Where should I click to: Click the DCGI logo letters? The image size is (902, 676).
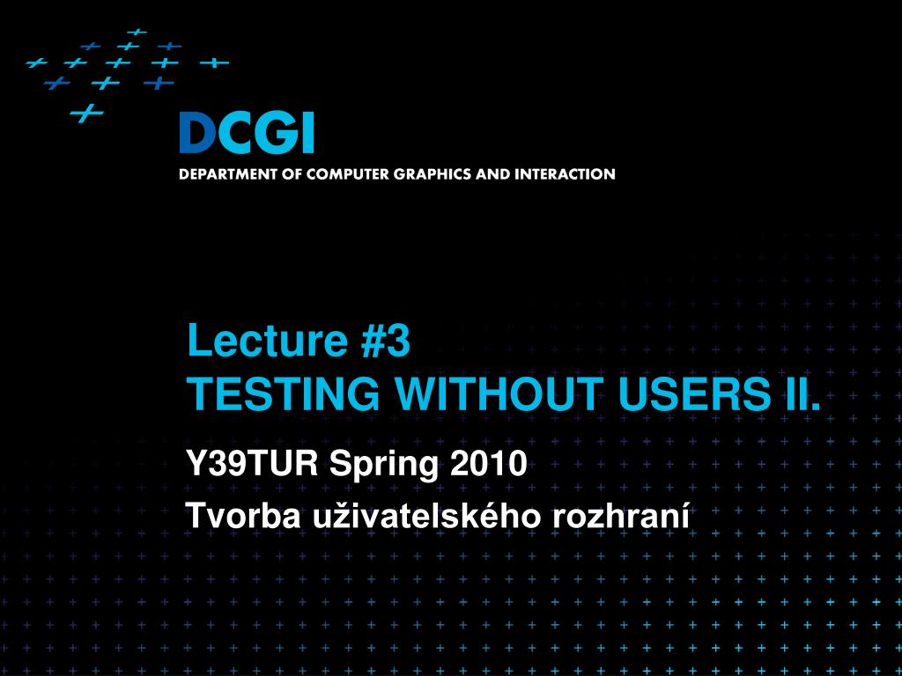tap(247, 133)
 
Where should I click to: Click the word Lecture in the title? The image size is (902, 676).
tap(268, 340)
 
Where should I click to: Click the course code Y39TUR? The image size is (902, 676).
tap(253, 463)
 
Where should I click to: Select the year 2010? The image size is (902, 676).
tap(488, 463)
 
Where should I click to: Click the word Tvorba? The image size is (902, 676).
tap(243, 516)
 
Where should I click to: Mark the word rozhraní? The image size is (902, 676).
tap(621, 516)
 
